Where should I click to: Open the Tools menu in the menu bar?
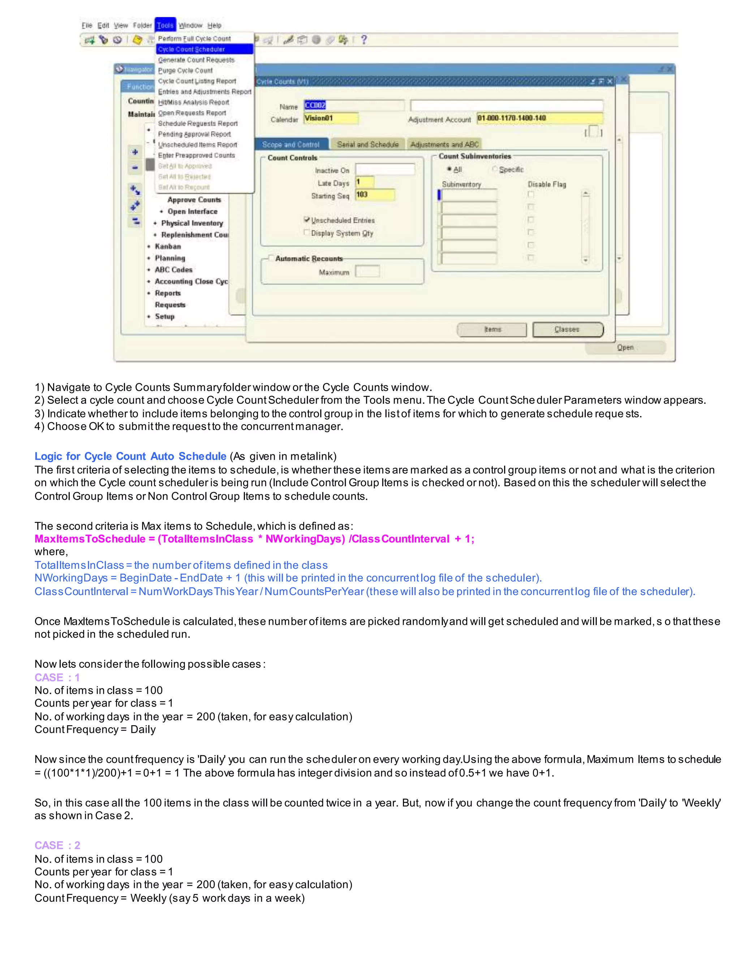coord(165,25)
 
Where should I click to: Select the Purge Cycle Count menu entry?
coord(185,70)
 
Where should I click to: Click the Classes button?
coord(568,329)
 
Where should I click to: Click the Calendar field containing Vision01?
coord(331,118)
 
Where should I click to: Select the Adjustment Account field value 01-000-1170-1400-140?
coord(539,118)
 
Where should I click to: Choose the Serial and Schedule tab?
coord(367,144)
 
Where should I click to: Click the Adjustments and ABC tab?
coord(444,144)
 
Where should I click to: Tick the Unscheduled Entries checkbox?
coord(307,220)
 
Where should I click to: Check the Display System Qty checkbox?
coord(307,233)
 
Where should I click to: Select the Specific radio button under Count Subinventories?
coord(495,169)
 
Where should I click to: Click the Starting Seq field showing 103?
coord(375,195)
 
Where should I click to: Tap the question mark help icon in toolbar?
coord(363,40)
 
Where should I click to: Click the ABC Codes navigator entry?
coord(173,270)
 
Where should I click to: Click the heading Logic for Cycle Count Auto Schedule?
coord(130,456)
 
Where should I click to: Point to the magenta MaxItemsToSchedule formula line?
coord(254,539)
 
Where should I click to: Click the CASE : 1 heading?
coord(57,677)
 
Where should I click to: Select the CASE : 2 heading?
coord(57,845)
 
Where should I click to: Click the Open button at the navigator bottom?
coord(625,347)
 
